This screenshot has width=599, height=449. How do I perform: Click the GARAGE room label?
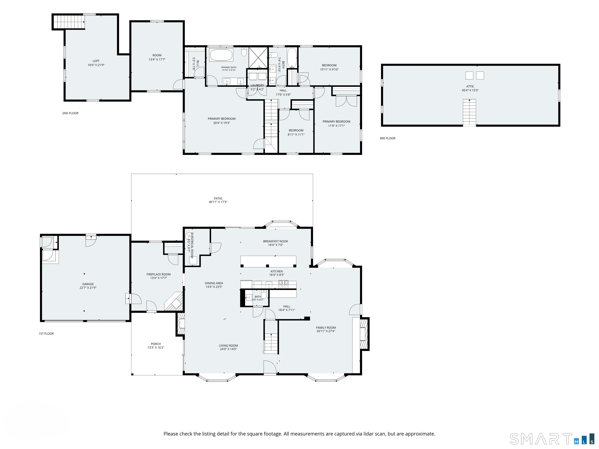click(x=88, y=284)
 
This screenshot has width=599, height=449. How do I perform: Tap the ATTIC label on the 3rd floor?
click(x=470, y=86)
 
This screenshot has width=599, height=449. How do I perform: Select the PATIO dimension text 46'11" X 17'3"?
click(x=218, y=202)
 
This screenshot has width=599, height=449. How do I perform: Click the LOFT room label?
click(x=96, y=61)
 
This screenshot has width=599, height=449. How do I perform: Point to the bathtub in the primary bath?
click(x=221, y=55)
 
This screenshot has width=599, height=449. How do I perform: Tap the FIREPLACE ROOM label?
click(x=159, y=274)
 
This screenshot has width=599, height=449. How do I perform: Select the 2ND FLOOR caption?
click(x=70, y=113)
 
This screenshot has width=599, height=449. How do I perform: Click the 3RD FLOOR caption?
click(x=387, y=138)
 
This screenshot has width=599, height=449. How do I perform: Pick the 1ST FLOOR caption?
click(x=46, y=334)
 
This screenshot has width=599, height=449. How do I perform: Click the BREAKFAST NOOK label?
click(x=276, y=241)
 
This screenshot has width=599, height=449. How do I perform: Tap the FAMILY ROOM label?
click(x=326, y=327)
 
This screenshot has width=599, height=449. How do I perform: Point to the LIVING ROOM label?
click(x=228, y=346)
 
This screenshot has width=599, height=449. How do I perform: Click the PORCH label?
click(x=156, y=344)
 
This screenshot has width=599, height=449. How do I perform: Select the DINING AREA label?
click(x=214, y=283)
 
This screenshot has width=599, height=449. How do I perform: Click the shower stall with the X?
click(x=258, y=57)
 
